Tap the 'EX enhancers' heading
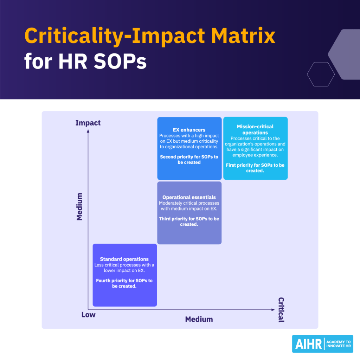[x=189, y=130]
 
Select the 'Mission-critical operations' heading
[x=255, y=130]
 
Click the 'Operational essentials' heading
[x=189, y=198]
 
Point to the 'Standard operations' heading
[x=124, y=259]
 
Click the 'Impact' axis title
[x=88, y=123]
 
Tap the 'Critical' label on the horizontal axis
[x=281, y=310]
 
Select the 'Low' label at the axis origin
[x=88, y=315]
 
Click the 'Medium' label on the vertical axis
[x=79, y=206]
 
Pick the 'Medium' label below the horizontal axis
[x=199, y=319]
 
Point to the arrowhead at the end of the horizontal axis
[x=273, y=310]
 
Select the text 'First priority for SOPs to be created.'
[x=255, y=168]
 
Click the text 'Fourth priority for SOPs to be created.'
[x=124, y=283]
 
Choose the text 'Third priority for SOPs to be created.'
[x=189, y=221]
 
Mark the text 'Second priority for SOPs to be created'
[x=189, y=160]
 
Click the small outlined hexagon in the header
[x=321, y=74]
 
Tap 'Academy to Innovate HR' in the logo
[x=339, y=344]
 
